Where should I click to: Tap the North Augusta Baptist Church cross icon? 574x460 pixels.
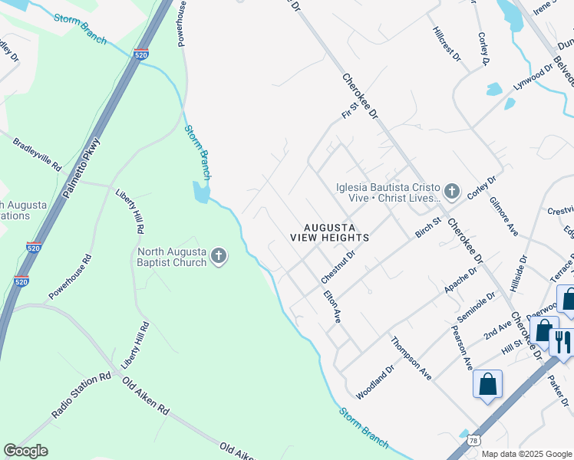tap(219, 255)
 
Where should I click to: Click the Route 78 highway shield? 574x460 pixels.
tap(473, 440)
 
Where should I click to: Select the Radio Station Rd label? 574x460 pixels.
tap(81, 396)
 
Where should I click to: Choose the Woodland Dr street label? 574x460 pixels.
tap(374, 382)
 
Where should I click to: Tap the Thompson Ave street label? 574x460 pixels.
tap(411, 358)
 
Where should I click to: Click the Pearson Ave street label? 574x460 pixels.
tap(460, 347)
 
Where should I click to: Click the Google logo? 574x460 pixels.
tap(25, 451)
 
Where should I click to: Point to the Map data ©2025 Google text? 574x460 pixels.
tap(526, 454)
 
